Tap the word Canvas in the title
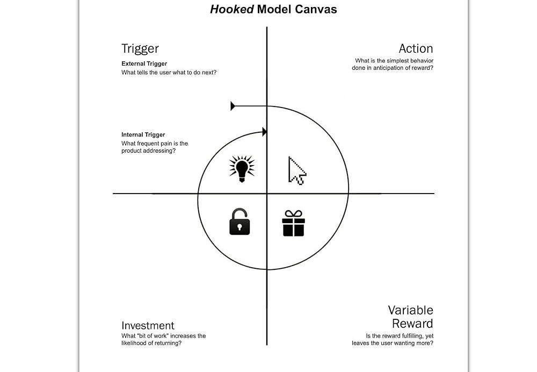click(x=316, y=10)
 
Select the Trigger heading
click(x=140, y=48)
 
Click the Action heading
click(x=416, y=48)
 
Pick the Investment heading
click(x=148, y=325)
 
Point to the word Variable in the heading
click(x=411, y=310)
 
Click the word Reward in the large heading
click(x=412, y=324)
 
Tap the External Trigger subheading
click(x=144, y=64)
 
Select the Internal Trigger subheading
click(x=143, y=135)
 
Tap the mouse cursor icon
click(x=296, y=170)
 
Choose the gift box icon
click(x=293, y=223)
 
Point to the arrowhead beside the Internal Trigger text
click(x=264, y=132)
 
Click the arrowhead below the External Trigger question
click(x=233, y=106)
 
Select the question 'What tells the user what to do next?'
click(x=169, y=73)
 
